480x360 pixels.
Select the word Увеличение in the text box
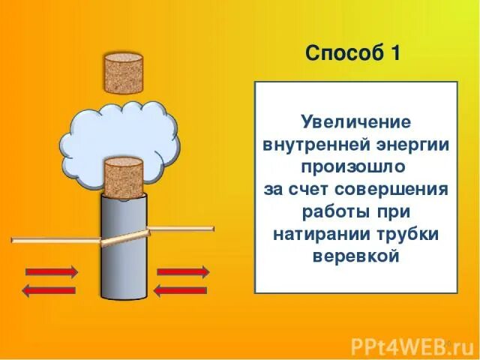coord(355,121)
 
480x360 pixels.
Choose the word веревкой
coord(355,256)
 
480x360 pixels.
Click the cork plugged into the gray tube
coord(122,176)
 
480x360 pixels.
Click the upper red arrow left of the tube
coord(50,270)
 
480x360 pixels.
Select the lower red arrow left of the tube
coord(50,289)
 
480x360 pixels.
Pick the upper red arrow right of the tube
coord(182,270)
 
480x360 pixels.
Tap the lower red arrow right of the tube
coord(182,289)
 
